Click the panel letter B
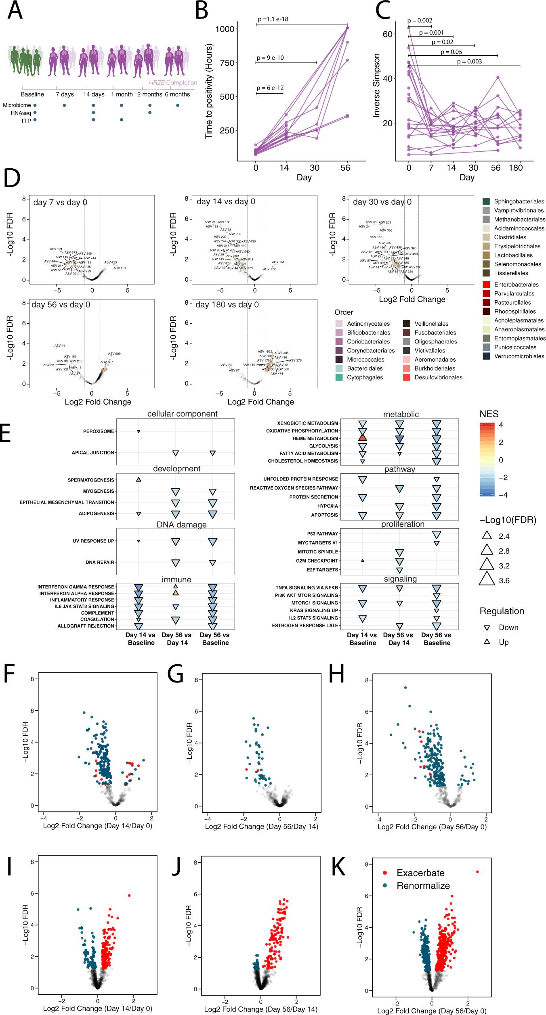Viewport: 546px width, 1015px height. [202, 11]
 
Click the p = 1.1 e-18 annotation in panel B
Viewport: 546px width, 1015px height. [273, 19]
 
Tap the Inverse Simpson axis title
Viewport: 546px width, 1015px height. [376, 85]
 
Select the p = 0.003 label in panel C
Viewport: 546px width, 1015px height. [469, 61]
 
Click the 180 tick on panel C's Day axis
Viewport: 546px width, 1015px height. [516, 168]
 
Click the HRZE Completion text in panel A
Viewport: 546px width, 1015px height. [173, 82]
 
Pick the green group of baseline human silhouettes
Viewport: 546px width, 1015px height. [25, 60]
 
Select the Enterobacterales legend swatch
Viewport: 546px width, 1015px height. [487, 285]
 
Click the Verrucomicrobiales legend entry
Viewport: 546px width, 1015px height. [519, 356]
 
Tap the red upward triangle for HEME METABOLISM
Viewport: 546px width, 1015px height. [363, 438]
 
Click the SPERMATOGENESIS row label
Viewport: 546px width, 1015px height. [91, 480]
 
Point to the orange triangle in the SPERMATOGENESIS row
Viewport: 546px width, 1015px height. [139, 479]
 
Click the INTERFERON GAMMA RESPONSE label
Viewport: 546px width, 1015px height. [76, 587]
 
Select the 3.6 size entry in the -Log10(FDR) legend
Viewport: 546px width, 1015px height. [504, 580]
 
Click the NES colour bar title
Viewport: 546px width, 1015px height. [489, 414]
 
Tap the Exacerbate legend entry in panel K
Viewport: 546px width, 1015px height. [420, 873]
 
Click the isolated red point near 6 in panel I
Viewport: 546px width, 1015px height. [129, 895]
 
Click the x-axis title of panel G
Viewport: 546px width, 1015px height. [261, 826]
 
